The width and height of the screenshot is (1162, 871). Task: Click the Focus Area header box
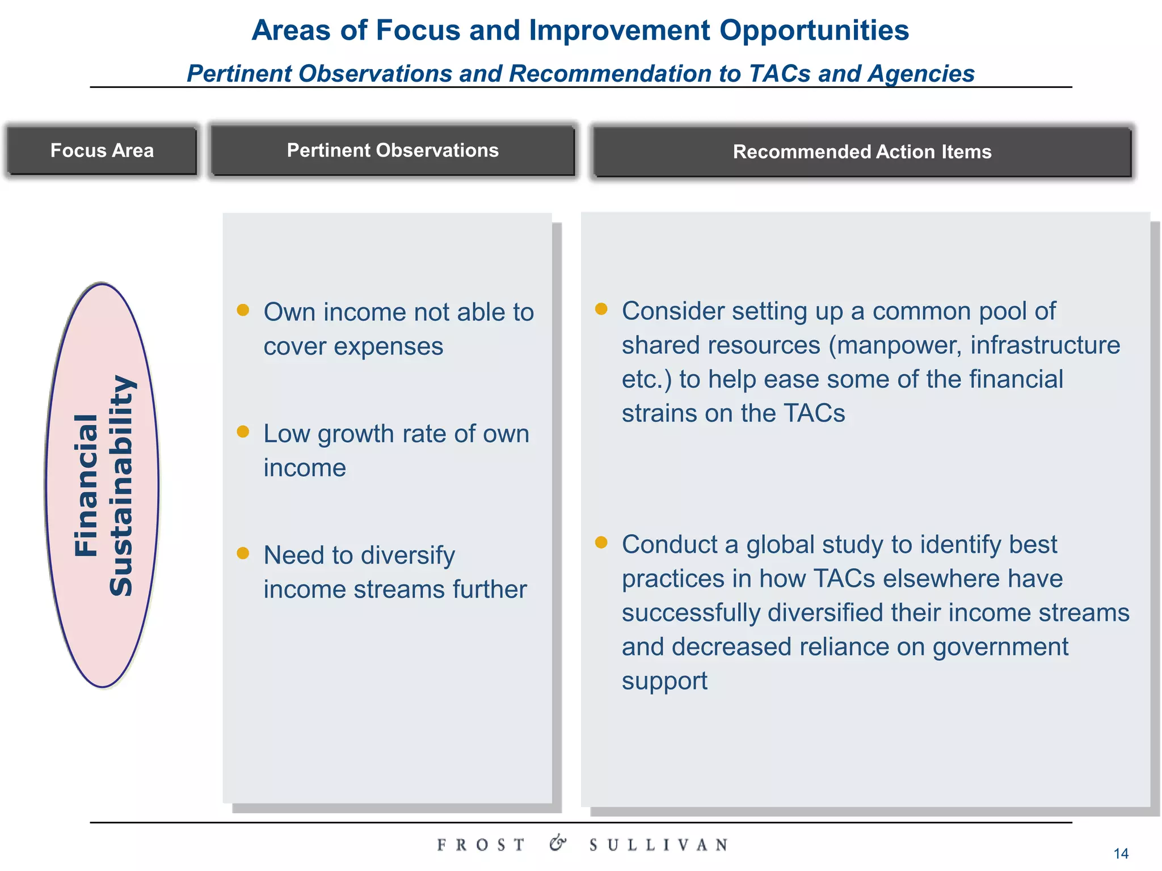(x=102, y=151)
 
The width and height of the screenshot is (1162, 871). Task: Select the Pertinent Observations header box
(x=393, y=151)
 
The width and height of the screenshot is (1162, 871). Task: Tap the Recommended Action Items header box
(x=862, y=152)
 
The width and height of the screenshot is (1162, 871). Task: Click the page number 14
(x=1121, y=853)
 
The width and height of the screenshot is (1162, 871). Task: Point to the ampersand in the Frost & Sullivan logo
(x=558, y=843)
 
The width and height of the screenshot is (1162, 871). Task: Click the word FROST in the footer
(x=481, y=845)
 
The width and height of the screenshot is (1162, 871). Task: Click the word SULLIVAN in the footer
(x=658, y=845)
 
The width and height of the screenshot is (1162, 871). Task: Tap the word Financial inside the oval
(x=87, y=485)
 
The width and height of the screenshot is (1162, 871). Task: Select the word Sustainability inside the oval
(x=121, y=485)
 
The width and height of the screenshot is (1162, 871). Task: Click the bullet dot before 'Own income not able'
(x=243, y=310)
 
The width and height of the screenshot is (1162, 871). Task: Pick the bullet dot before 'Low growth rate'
(x=243, y=432)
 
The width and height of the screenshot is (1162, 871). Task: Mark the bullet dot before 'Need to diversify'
(x=243, y=553)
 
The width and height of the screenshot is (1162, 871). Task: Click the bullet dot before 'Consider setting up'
(x=601, y=308)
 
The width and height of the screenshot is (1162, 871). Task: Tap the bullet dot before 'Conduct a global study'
(x=601, y=542)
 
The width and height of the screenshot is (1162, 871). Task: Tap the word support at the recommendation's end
(x=664, y=681)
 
